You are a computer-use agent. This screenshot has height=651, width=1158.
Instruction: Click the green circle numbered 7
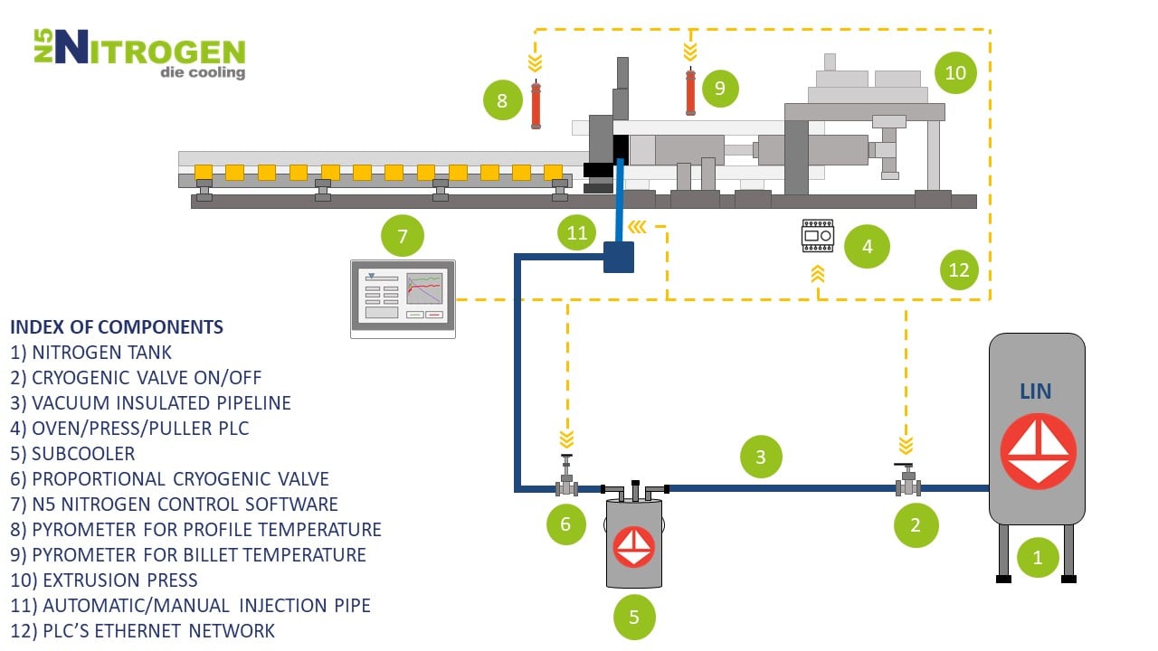click(403, 237)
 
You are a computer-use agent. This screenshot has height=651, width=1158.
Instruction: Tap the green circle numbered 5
click(633, 617)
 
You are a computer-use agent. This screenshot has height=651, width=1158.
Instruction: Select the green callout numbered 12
click(958, 269)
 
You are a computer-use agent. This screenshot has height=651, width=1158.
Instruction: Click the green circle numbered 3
click(760, 457)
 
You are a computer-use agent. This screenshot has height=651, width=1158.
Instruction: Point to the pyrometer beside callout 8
click(536, 105)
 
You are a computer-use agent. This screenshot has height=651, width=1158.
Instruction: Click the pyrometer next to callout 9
click(691, 90)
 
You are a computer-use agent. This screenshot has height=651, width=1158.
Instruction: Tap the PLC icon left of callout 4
click(818, 236)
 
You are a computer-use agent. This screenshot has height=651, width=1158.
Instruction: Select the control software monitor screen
click(403, 298)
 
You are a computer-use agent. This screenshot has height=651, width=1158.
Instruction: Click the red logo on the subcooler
click(633, 546)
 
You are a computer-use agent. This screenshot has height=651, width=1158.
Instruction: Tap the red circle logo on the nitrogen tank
click(1038, 450)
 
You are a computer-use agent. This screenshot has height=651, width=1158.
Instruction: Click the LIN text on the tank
click(1037, 391)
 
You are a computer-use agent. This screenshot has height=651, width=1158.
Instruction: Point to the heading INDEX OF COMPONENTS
click(117, 326)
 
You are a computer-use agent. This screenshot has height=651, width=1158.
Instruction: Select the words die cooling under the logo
click(202, 72)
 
